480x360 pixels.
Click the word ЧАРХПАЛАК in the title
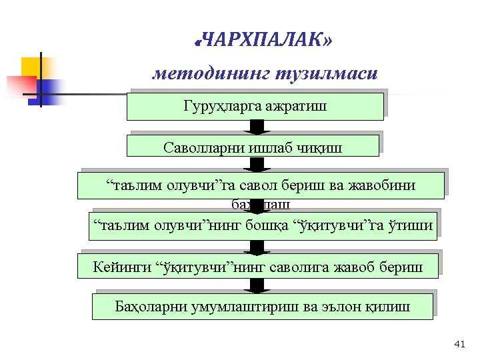263,42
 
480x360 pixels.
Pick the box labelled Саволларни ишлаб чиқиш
253,147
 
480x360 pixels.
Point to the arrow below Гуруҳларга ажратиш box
257,127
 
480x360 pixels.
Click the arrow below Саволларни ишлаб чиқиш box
257,165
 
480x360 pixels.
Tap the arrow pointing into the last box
257,286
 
